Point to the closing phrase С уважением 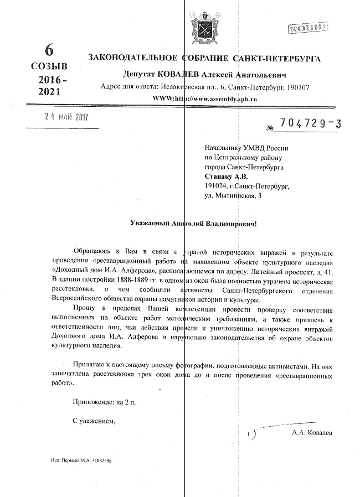[94, 421]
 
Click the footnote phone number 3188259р [107, 460]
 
